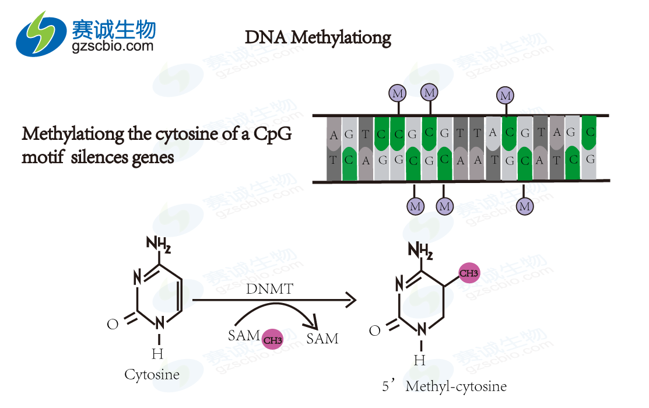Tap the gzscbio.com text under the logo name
point(113,46)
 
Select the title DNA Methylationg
point(318,38)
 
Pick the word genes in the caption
point(155,157)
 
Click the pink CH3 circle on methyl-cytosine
point(469,273)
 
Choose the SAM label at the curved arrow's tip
point(322,339)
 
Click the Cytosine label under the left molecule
point(152,374)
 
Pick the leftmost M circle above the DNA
point(398,93)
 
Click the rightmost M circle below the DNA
point(525,206)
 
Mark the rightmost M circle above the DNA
point(505,95)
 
